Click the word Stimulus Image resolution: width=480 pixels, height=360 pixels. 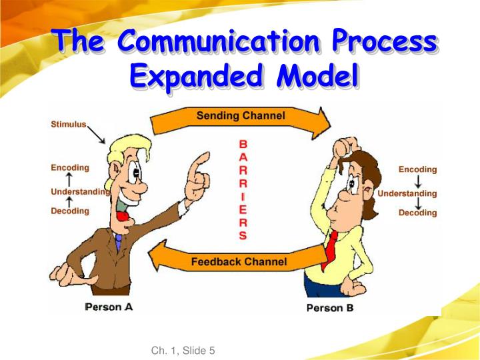coord(68,124)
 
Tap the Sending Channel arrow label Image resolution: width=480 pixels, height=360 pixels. coord(240,115)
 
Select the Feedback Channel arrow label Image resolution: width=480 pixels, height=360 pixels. coord(239,262)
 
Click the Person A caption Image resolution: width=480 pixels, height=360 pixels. coord(109,307)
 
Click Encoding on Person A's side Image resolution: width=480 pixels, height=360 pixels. coord(69,167)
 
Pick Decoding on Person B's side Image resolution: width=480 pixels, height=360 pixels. coord(417,213)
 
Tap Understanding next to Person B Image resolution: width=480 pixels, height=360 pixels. coord(407,193)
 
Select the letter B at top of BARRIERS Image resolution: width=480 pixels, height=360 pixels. coord(243,143)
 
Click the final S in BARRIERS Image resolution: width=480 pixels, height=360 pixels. coord(243,235)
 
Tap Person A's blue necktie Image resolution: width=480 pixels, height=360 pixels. coord(119,241)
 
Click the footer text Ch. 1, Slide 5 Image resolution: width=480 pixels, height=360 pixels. coord(183,351)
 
